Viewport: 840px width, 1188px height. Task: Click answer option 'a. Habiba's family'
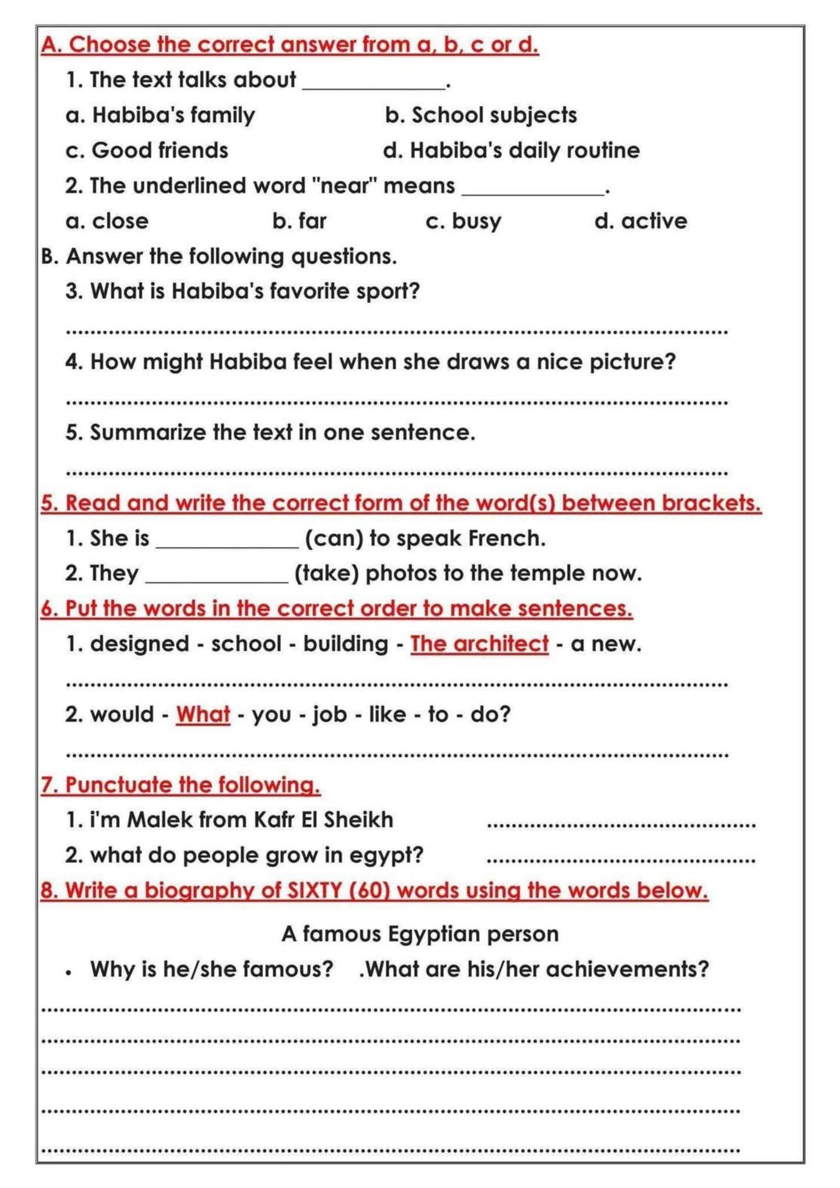tap(160, 115)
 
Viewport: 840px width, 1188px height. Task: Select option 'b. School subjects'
tap(481, 115)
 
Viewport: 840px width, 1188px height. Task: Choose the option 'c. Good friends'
tap(147, 151)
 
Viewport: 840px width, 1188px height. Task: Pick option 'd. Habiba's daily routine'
tap(511, 151)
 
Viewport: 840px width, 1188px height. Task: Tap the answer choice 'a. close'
tap(107, 221)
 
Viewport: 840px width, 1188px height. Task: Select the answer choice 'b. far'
tap(299, 221)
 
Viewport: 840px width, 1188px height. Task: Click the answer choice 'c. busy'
tap(463, 221)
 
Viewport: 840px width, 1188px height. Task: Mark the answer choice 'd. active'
tap(640, 221)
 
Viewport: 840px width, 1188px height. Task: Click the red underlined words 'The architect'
tap(479, 644)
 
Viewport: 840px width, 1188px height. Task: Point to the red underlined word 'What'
tap(203, 714)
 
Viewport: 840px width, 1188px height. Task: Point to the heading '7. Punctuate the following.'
tap(180, 785)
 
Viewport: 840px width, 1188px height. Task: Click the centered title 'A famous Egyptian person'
tap(420, 934)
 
